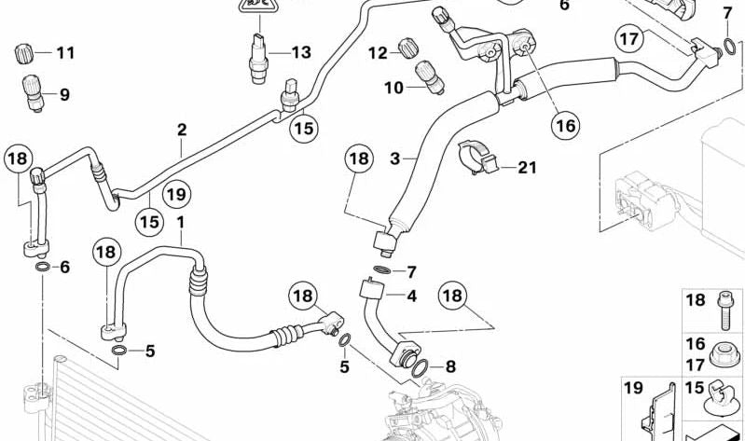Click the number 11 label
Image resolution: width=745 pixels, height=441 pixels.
64,53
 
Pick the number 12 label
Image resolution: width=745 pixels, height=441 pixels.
376,53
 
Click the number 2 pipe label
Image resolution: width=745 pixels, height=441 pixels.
182,130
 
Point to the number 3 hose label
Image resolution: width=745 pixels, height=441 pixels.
395,159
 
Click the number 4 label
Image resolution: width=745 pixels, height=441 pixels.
410,296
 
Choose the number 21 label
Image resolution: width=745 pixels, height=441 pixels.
528,168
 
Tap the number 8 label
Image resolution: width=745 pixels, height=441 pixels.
450,366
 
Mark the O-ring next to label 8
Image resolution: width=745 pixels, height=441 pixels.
419,370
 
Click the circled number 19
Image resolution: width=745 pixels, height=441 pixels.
175,194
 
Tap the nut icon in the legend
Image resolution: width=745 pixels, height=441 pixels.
722,356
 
